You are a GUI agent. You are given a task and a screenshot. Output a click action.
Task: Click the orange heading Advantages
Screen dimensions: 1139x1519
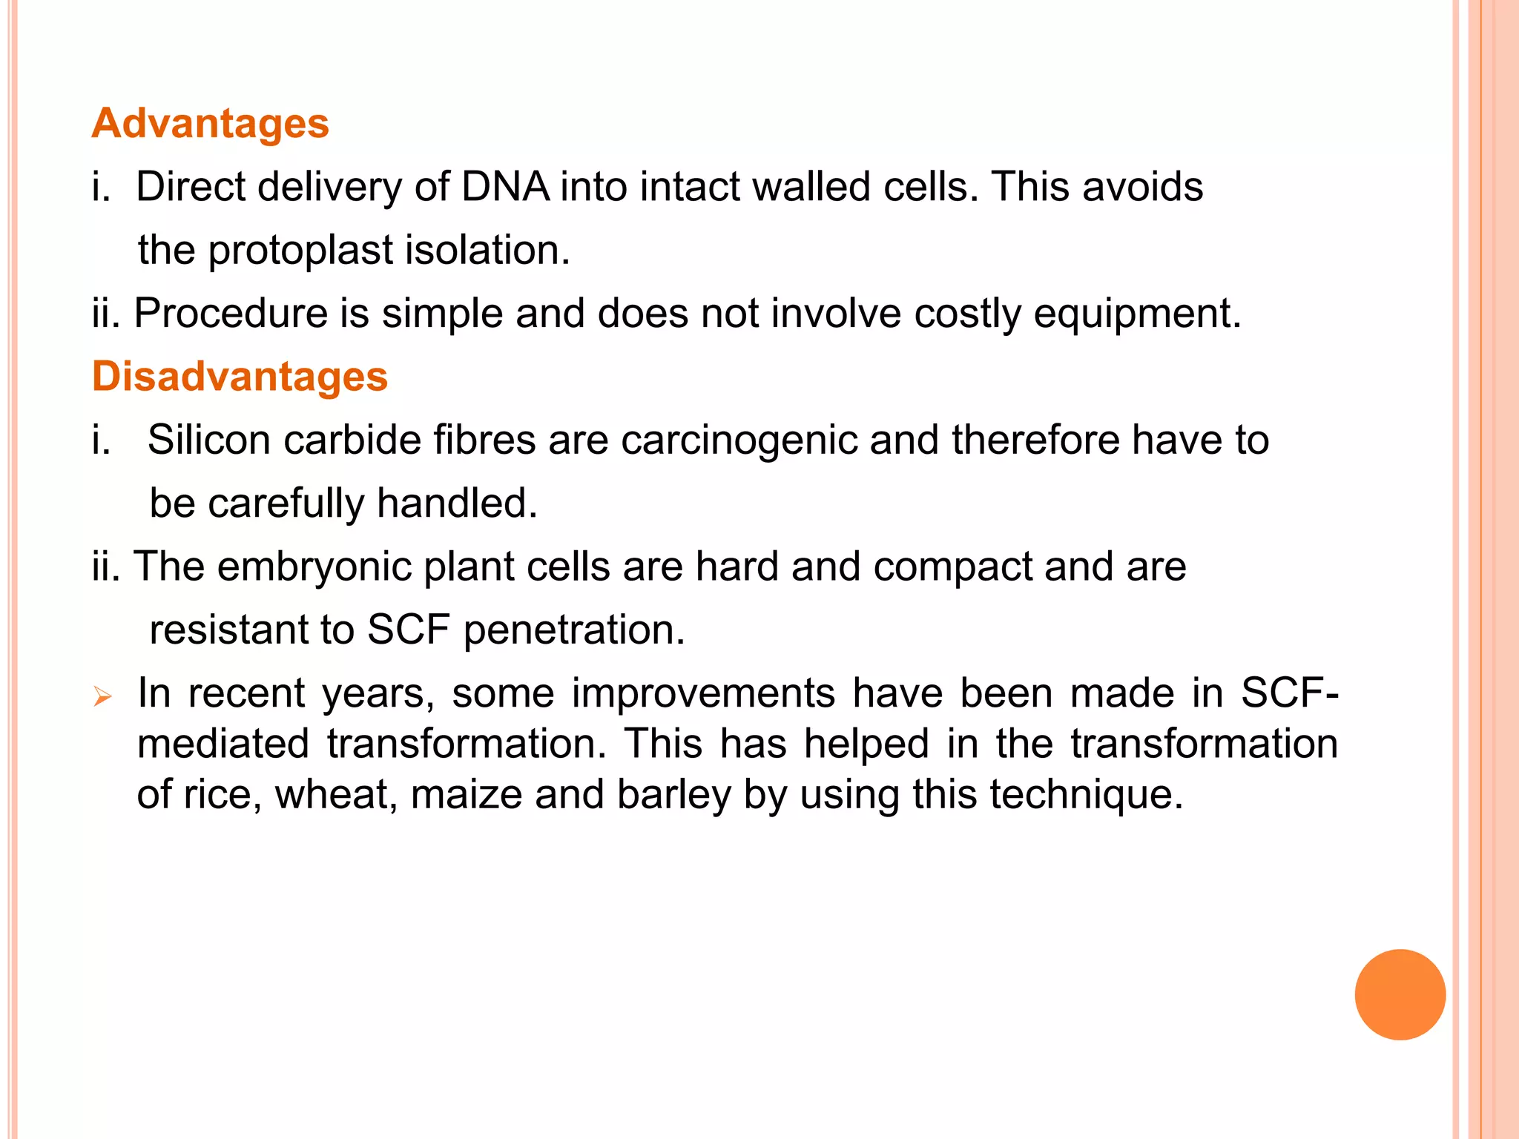(x=210, y=123)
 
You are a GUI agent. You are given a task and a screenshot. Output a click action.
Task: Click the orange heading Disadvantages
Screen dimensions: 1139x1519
(x=240, y=376)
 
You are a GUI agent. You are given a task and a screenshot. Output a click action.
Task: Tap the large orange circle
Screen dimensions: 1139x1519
(x=1400, y=994)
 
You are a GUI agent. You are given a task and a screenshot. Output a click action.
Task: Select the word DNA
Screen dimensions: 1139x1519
(x=505, y=186)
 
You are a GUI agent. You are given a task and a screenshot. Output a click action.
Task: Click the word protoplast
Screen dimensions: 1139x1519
(x=300, y=251)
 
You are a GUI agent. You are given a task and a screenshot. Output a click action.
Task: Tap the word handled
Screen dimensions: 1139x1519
(x=457, y=504)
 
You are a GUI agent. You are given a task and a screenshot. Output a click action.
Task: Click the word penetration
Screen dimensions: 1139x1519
(x=573, y=630)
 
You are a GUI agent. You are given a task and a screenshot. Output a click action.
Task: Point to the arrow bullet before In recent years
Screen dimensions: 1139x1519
(x=102, y=697)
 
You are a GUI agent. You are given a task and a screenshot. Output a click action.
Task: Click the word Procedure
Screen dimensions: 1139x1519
(x=231, y=314)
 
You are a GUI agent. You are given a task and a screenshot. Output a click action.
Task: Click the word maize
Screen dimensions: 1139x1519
(x=467, y=794)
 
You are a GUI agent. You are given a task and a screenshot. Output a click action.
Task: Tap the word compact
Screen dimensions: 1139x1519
(x=952, y=567)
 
